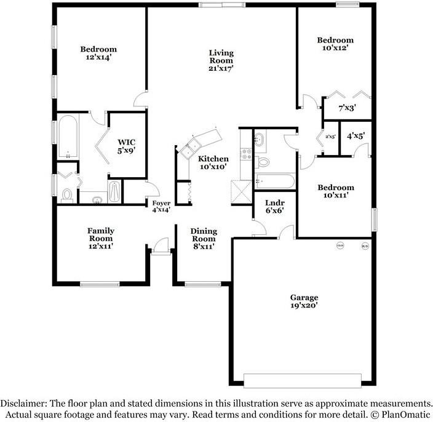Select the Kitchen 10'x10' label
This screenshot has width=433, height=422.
[x=213, y=162]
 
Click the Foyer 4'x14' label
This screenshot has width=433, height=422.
[x=161, y=206]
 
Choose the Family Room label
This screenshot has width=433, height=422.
[x=101, y=234]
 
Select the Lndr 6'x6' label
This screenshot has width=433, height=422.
[x=274, y=206]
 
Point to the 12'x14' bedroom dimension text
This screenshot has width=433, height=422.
[x=98, y=57]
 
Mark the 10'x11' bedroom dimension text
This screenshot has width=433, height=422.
[x=335, y=195]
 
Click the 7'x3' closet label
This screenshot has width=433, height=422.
[x=348, y=108]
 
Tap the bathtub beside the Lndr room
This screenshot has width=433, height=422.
[x=275, y=181]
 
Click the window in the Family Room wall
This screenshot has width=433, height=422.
[x=100, y=284]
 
